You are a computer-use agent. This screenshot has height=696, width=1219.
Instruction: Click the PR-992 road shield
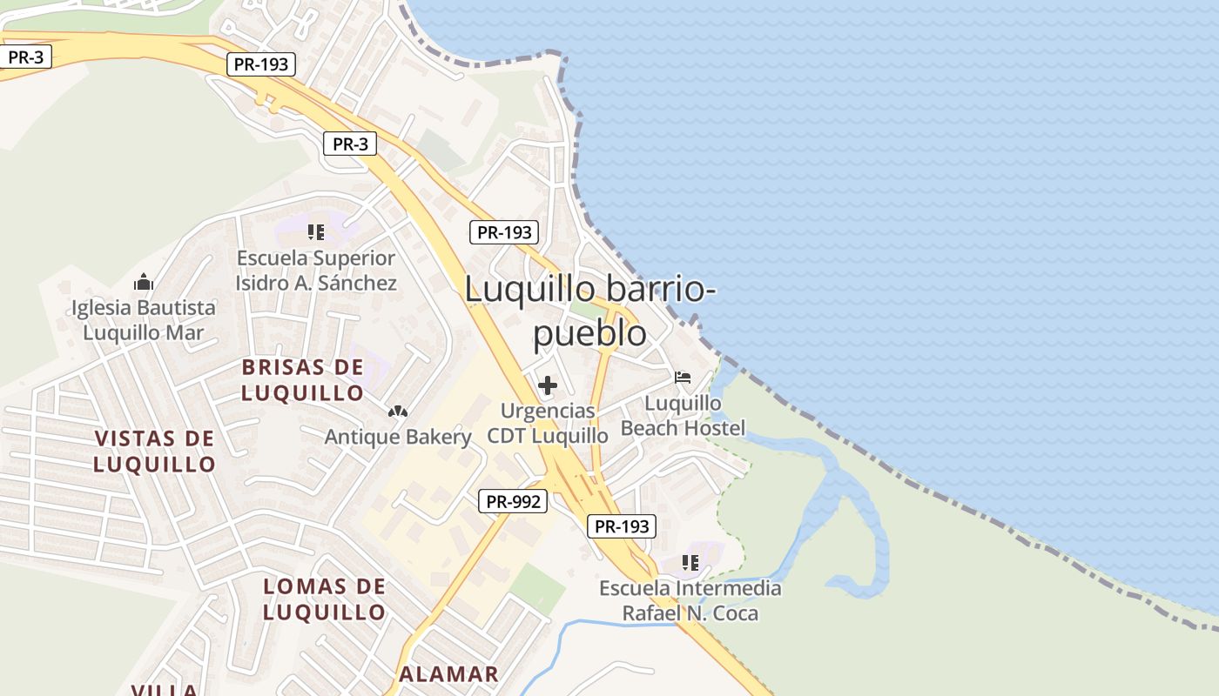513,501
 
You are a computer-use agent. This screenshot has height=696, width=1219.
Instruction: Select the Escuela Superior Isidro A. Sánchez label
316,271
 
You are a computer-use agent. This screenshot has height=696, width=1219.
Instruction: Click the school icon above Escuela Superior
316,232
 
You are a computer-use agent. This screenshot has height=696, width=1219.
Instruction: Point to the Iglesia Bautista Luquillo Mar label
144,320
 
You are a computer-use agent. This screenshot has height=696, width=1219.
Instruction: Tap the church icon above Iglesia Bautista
144,282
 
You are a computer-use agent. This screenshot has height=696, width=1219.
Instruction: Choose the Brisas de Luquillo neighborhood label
302,380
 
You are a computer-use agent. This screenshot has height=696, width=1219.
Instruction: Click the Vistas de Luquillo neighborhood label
155,451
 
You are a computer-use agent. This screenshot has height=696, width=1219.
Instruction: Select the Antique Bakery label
398,437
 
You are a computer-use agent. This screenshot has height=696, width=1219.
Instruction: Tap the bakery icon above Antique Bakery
398,411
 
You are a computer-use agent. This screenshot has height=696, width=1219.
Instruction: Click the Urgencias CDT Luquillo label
548,423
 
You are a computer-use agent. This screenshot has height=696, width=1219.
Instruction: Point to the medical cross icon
548,385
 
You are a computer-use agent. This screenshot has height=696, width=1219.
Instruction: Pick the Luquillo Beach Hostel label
684,416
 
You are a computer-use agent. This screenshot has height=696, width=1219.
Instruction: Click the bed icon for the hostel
683,378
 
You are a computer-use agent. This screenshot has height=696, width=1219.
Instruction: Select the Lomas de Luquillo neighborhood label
325,599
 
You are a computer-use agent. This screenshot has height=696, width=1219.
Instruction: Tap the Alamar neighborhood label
448,674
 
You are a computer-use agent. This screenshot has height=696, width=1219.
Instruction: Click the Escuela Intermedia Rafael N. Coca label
690,601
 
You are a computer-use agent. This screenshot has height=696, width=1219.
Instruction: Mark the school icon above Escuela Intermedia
690,563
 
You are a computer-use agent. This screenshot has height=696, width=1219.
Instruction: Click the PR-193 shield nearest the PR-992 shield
621,526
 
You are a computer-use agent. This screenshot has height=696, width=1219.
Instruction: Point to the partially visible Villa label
165,690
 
